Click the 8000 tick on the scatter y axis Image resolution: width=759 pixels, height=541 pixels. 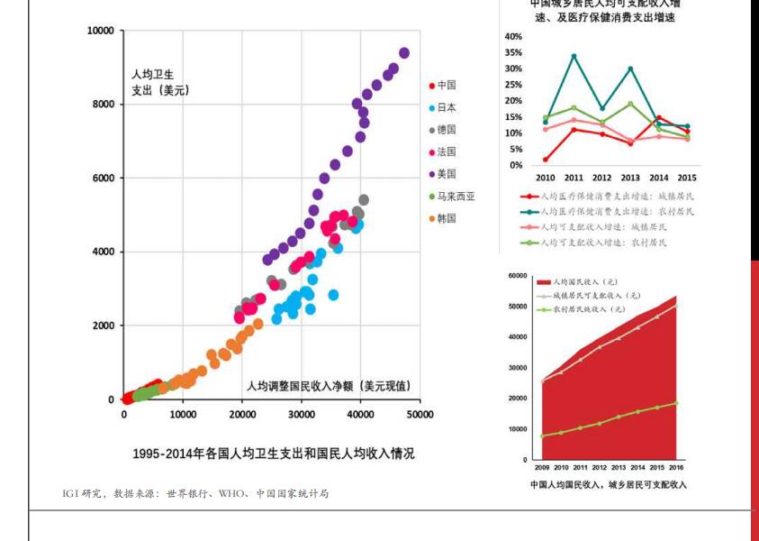click(x=101, y=105)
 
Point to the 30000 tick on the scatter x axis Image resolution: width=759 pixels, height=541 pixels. click(x=302, y=415)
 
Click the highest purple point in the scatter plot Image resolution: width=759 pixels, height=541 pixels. click(x=404, y=53)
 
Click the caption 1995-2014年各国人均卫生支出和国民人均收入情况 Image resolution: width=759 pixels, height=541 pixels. click(x=274, y=454)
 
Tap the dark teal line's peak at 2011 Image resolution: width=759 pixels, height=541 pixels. click(x=574, y=56)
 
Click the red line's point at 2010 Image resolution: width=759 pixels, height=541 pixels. click(x=546, y=160)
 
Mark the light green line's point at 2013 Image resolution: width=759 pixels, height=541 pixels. click(x=630, y=104)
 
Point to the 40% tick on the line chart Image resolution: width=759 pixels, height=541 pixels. click(x=513, y=37)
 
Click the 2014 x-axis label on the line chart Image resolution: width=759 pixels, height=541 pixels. click(x=658, y=178)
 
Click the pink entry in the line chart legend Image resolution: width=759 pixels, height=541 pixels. click(x=601, y=227)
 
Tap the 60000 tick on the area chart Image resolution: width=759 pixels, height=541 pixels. click(x=517, y=276)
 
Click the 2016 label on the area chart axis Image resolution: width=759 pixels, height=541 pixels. click(x=676, y=468)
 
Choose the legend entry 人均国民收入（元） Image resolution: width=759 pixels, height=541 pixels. click(x=586, y=282)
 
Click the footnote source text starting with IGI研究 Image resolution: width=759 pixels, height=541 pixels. click(x=194, y=493)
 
